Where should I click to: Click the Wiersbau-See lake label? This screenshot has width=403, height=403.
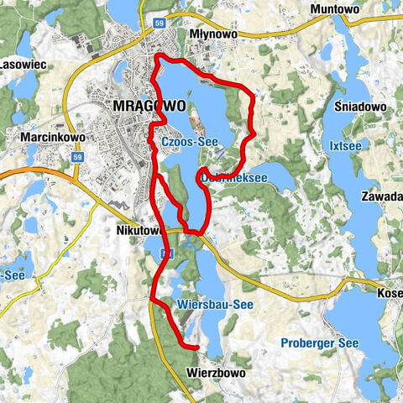[215, 305]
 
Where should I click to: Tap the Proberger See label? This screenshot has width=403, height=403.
[310, 343]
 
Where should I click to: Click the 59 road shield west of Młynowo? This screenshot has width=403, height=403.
[160, 24]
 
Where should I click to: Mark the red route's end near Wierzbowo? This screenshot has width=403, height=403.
[196, 346]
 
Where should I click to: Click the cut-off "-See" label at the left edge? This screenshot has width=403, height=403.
[11, 275]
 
